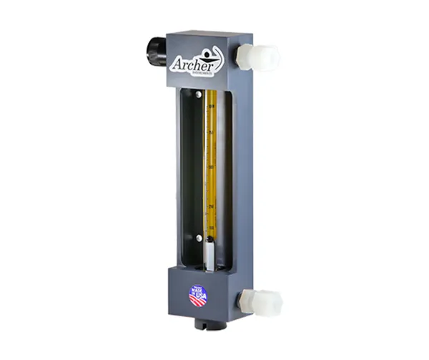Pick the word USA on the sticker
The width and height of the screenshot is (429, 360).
point(199,298)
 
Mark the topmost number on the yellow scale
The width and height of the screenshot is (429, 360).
point(212,107)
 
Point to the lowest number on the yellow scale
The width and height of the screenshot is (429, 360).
point(212,228)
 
